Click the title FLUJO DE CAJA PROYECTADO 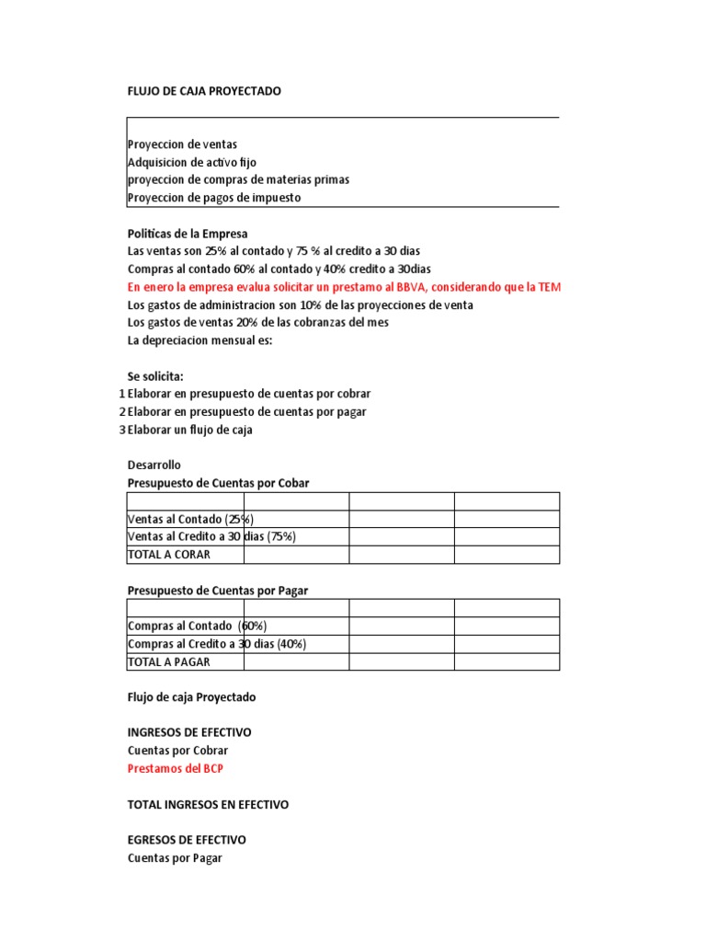click(x=203, y=91)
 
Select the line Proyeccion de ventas click(x=182, y=144)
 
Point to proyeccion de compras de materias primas click(x=238, y=179)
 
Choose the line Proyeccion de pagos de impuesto click(x=213, y=197)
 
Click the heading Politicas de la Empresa click(x=188, y=234)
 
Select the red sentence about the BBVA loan click(x=343, y=287)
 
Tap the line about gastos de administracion click(x=300, y=304)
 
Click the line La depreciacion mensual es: click(x=199, y=340)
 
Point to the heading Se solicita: click(x=155, y=376)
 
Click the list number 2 click(x=122, y=412)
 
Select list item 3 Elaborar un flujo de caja click(x=189, y=430)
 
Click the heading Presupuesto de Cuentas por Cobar click(x=224, y=483)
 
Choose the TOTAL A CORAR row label click(x=169, y=555)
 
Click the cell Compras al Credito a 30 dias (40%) click(x=217, y=644)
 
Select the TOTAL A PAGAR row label click(x=169, y=661)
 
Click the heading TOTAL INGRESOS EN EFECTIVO click(x=208, y=804)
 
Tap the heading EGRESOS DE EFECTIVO click(x=187, y=840)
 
